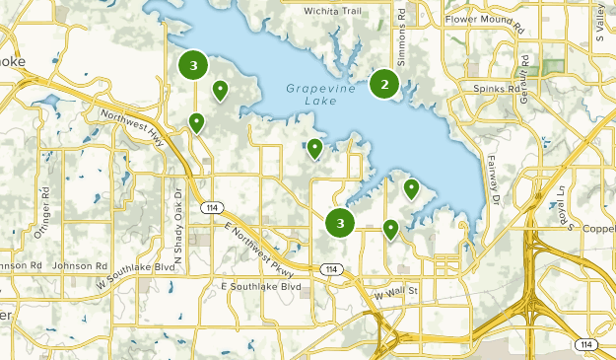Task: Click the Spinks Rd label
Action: [x=497, y=89]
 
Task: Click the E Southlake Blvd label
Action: [x=258, y=287]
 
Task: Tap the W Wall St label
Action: [x=396, y=292]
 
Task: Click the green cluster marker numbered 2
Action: [x=383, y=84]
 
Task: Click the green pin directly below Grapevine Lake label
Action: [x=314, y=148]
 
